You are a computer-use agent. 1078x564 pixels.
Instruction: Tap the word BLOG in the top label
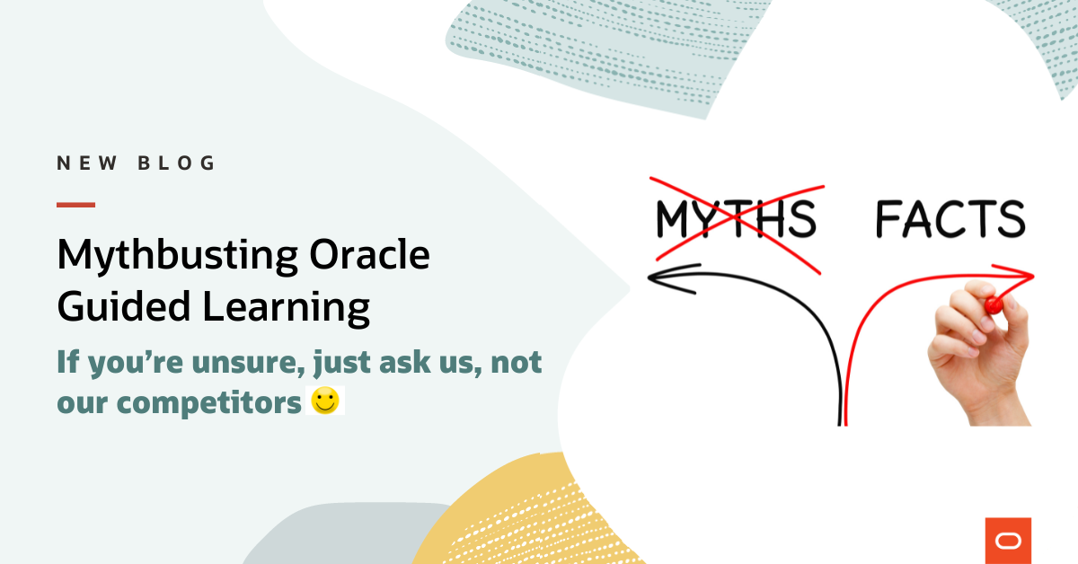point(177,163)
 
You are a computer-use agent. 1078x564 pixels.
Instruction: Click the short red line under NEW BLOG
point(75,205)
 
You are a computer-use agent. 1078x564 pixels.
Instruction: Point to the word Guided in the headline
point(122,308)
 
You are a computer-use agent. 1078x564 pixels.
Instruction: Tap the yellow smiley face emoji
point(325,401)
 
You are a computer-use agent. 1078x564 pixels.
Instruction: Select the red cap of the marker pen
point(993,304)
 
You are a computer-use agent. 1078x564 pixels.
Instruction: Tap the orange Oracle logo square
point(1008,541)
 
